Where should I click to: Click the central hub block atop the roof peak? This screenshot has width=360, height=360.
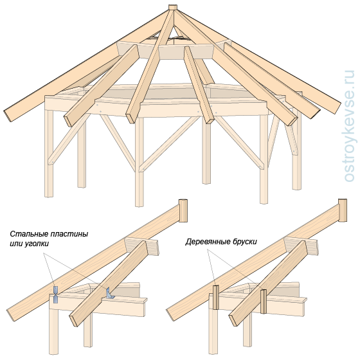[x=172, y=7]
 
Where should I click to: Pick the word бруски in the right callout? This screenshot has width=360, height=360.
[x=245, y=242]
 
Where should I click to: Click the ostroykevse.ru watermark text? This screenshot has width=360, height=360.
[x=349, y=126]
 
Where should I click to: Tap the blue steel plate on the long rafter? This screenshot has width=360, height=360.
[x=56, y=294]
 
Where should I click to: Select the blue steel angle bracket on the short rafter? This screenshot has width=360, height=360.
[x=110, y=294]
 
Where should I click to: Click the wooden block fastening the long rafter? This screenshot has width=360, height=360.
[x=215, y=298]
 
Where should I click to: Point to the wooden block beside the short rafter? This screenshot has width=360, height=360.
[x=264, y=301]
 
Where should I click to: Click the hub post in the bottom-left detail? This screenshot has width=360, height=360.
[x=183, y=211]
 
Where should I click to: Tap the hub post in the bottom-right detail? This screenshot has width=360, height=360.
[x=343, y=210]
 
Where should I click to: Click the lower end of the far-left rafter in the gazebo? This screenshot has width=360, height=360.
[x=8, y=116]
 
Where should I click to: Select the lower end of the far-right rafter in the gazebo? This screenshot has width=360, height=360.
[x=337, y=108]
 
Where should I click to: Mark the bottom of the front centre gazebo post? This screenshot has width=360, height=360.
[x=139, y=205]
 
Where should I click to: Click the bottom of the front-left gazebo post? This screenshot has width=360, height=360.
[x=48, y=195]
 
